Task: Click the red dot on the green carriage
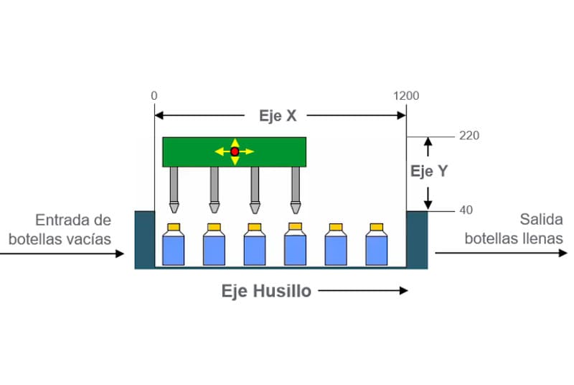pos(234,151)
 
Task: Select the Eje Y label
pos(429,172)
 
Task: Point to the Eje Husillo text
pos(265,291)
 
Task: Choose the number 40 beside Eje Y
pos(466,210)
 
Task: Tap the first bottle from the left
pos(174,244)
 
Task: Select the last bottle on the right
pos(376,244)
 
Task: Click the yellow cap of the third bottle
pos(255,228)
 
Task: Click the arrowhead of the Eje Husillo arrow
pos(403,291)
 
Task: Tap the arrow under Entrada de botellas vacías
pos(65,254)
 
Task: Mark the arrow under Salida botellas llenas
pos(502,253)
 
